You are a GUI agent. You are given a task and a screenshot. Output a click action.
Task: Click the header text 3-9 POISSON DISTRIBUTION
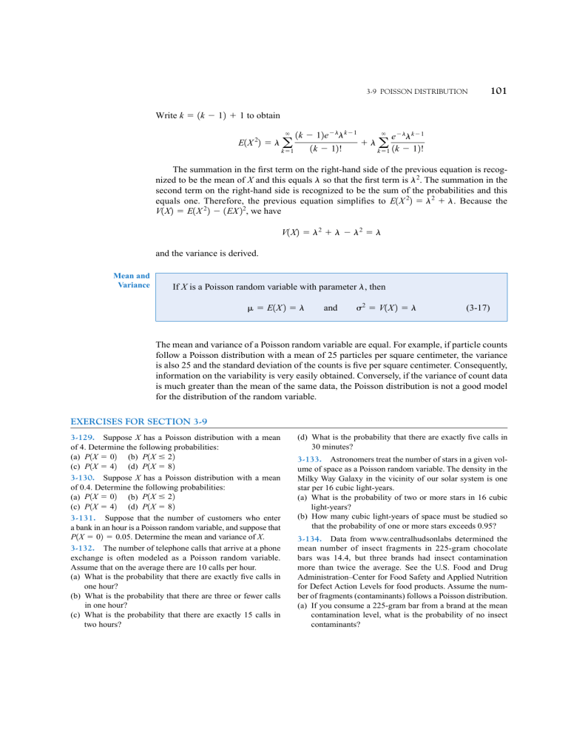[x=417, y=92]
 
